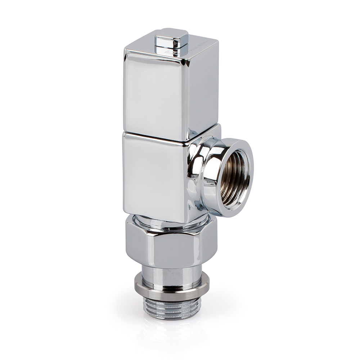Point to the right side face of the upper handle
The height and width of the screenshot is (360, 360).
(x=204, y=86)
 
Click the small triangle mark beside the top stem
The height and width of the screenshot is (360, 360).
(x=168, y=52)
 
